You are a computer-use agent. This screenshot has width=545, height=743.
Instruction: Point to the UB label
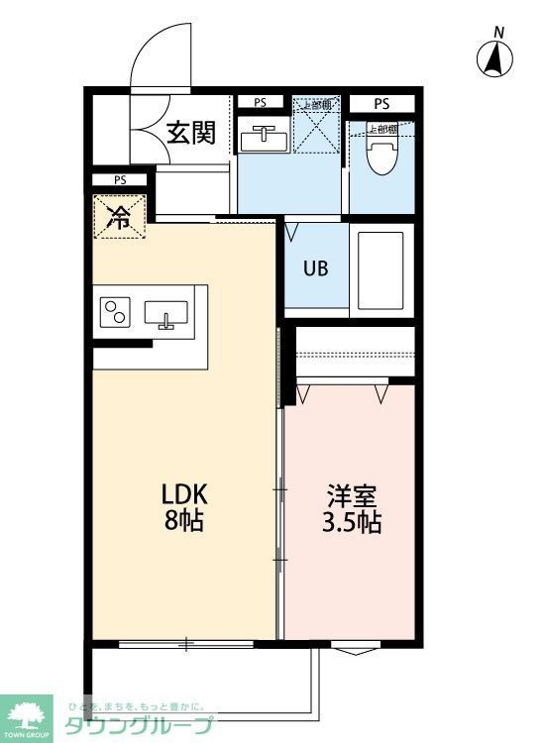pos(316,267)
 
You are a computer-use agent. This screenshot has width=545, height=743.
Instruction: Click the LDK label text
pos(184,493)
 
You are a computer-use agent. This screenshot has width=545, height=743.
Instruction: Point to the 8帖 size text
pos(184,521)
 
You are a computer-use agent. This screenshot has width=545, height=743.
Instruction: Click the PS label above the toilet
pos(381,103)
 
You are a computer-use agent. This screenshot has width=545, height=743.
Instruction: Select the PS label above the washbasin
pos(260,102)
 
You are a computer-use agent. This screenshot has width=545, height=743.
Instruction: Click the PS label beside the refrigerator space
pos(119,180)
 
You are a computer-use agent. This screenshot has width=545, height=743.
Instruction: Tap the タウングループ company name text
pos(139,726)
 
